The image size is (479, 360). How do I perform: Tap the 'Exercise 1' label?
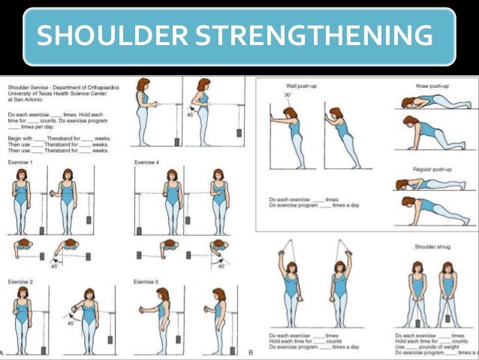pos(16,162)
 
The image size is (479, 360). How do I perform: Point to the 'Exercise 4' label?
pos(146,162)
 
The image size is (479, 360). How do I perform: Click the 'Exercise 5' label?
pos(146,282)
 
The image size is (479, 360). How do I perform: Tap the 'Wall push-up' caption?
pos(302,86)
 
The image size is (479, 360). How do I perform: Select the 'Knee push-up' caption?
pos(433,86)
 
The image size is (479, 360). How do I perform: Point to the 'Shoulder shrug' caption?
pos(433,247)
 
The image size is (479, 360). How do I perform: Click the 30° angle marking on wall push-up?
pos(288,95)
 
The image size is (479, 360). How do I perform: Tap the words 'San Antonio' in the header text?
pos(23,99)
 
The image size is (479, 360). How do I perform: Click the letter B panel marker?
pos(250,352)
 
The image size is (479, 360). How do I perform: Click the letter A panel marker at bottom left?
pos(4,352)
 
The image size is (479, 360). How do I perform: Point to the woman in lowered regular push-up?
pos(432,184)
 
